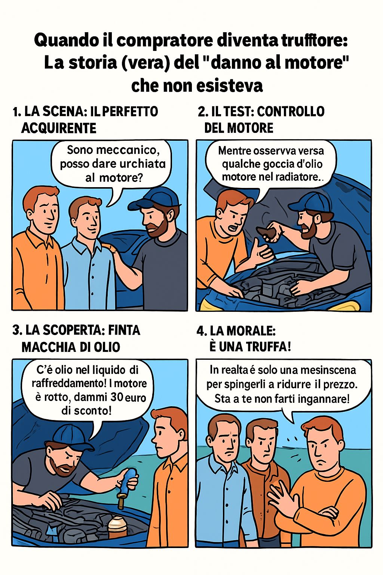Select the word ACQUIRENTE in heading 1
(x=59, y=128)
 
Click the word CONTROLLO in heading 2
(x=291, y=112)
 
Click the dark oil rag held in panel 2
(x=268, y=232)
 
